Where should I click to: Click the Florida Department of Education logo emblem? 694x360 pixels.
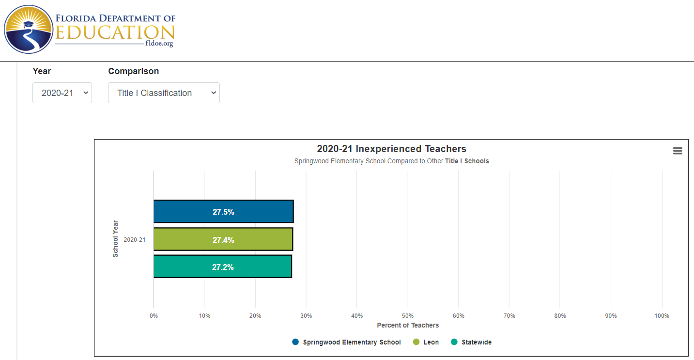pyautogui.click(x=28, y=29)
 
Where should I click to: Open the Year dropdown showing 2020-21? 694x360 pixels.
pyautogui.click(x=62, y=93)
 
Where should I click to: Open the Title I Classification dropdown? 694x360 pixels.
pyautogui.click(x=164, y=93)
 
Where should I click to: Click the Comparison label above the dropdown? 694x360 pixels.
pyautogui.click(x=133, y=71)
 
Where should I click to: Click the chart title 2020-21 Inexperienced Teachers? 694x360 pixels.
pyautogui.click(x=391, y=149)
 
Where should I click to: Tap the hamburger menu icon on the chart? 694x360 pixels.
pyautogui.click(x=678, y=151)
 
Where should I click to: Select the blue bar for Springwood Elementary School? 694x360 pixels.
pyautogui.click(x=184, y=212)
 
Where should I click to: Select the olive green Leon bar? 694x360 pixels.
pyautogui.click(x=184, y=239)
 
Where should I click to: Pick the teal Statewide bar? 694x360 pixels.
pyautogui.click(x=184, y=267)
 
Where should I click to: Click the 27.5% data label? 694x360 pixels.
pyautogui.click(x=223, y=212)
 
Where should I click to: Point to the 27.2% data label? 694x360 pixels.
pyautogui.click(x=223, y=267)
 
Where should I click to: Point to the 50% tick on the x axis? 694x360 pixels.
pyautogui.click(x=407, y=316)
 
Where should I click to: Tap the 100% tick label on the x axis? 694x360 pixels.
pyautogui.click(x=662, y=316)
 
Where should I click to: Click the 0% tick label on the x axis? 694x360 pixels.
pyautogui.click(x=154, y=316)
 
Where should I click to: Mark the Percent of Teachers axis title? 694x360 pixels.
pyautogui.click(x=408, y=325)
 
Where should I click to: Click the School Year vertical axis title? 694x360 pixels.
pyautogui.click(x=115, y=239)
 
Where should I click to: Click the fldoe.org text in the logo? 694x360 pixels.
pyautogui.click(x=159, y=44)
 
